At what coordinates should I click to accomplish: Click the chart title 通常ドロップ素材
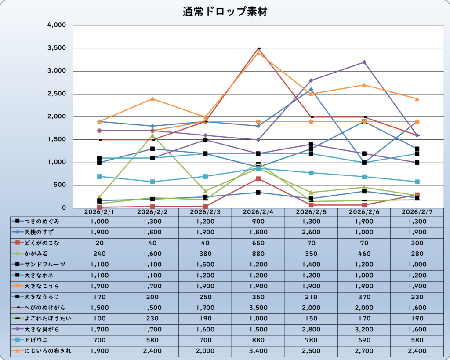pos(225,12)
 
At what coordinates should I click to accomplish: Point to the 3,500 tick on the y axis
pos(57,48)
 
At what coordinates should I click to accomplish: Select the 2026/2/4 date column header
pos(258,212)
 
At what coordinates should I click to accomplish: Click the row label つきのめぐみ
pos(43,222)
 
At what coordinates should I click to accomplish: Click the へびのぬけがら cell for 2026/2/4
pos(258,307)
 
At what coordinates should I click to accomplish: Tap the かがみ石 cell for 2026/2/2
pos(152,254)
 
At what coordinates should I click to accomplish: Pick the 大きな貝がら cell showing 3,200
pos(363,329)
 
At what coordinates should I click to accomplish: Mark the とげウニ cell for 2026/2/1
pos(99,339)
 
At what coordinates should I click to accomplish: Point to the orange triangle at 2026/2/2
pos(152,98)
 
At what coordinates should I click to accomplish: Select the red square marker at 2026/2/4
pos(258,178)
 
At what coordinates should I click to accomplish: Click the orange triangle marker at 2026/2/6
pos(364,85)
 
